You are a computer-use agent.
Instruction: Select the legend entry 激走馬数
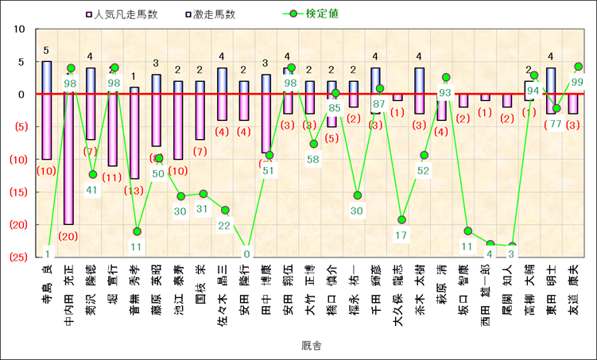(212, 14)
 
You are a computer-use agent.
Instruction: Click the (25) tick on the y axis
(17, 257)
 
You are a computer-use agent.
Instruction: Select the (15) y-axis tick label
(17, 192)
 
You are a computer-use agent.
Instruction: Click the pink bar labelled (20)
(69, 159)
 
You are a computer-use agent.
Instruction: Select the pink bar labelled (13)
(134, 136)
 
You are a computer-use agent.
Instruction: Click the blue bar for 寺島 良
(47, 77)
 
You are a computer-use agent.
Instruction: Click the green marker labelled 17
(402, 219)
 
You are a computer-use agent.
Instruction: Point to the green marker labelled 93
(446, 77)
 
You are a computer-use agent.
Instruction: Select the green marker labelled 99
(578, 67)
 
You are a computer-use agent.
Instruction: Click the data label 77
(556, 123)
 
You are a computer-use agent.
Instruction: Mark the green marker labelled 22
(226, 210)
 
